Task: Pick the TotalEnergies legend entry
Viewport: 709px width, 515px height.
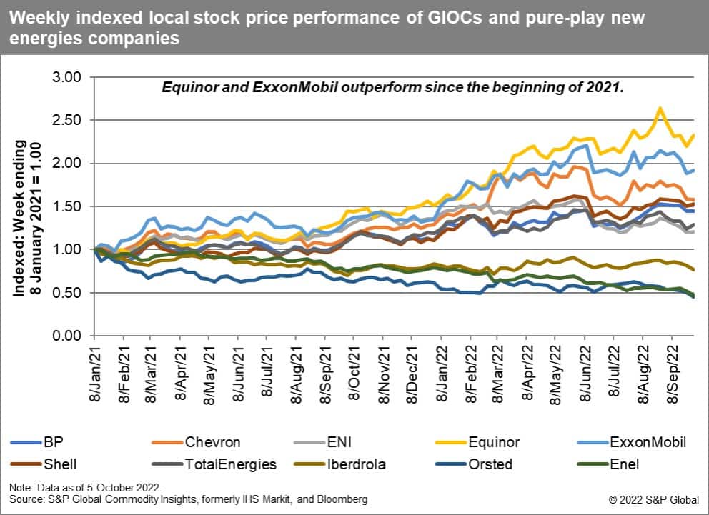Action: point(228,464)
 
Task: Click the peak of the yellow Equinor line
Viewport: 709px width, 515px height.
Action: point(660,108)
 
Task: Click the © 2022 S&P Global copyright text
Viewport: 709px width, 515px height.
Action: point(654,499)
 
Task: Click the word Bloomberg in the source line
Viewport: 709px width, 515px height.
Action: point(344,499)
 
